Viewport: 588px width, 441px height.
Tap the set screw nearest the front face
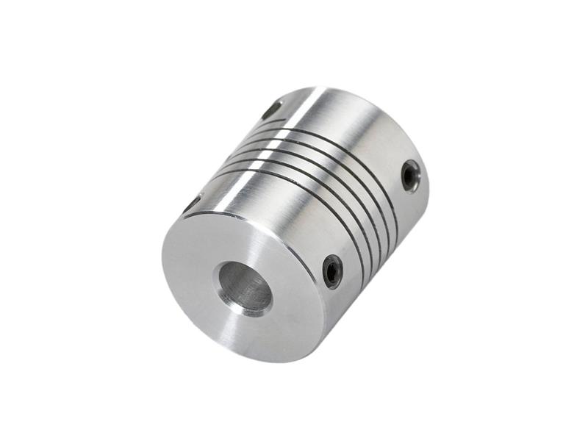[332, 270]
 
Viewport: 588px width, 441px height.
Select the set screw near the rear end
[410, 176]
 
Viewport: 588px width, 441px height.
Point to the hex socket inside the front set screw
[332, 272]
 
